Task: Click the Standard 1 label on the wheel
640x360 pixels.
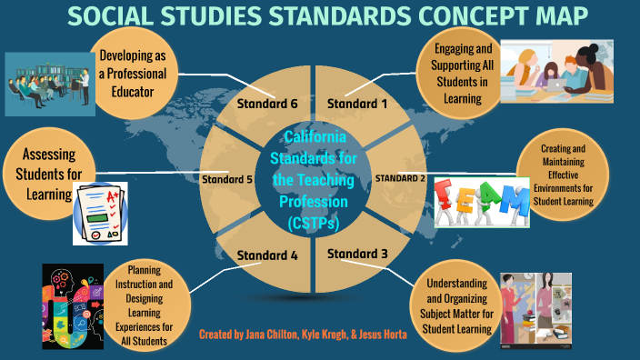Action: (357, 103)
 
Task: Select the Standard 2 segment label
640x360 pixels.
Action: (400, 177)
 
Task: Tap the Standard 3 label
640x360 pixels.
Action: (357, 253)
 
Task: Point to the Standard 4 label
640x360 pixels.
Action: (267, 255)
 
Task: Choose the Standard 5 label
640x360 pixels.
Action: (227, 178)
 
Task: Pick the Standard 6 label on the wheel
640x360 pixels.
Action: (267, 103)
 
